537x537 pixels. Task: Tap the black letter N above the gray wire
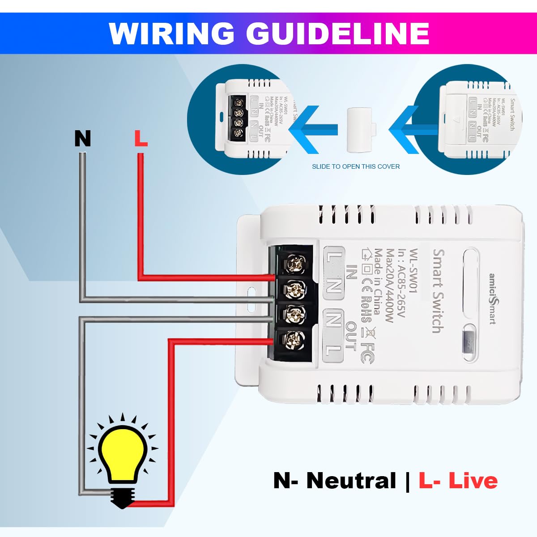pos(82,139)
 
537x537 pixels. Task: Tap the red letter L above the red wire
pos(141,139)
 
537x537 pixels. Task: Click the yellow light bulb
pos(123,454)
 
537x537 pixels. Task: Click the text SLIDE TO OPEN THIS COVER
pos(356,166)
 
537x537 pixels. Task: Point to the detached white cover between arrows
pos(360,130)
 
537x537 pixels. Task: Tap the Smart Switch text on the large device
pos(439,291)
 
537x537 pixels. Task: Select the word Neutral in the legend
pos(351,481)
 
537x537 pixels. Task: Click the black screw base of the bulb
pos(123,497)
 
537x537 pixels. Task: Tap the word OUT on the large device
pos(351,336)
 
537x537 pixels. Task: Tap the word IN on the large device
pos(352,272)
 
